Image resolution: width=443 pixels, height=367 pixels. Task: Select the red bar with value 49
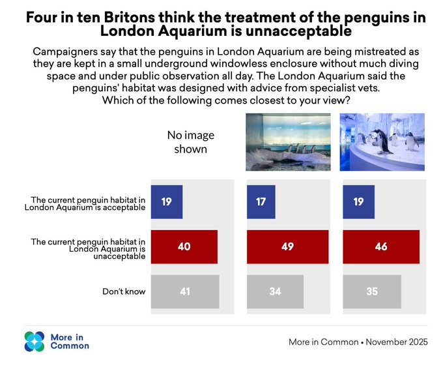point(287,246)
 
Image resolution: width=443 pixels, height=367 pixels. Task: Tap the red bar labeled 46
point(380,246)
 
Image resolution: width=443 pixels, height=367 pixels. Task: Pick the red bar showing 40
point(184,246)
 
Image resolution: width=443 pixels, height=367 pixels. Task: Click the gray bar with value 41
point(185,291)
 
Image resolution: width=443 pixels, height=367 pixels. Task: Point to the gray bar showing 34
point(275,291)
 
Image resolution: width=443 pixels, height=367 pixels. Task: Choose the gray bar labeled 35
point(371,291)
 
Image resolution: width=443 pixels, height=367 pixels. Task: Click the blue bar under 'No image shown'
point(167,201)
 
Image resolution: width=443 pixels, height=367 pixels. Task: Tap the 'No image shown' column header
point(190,141)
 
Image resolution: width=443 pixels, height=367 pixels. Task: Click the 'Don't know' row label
point(124,291)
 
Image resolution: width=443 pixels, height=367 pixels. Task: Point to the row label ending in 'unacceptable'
point(88,248)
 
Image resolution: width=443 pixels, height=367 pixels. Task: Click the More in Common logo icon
point(35,341)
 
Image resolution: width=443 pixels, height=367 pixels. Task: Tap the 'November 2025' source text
point(398,342)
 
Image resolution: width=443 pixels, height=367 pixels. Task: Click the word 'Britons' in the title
point(118,18)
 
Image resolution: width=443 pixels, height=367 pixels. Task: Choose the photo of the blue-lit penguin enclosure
point(382,142)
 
